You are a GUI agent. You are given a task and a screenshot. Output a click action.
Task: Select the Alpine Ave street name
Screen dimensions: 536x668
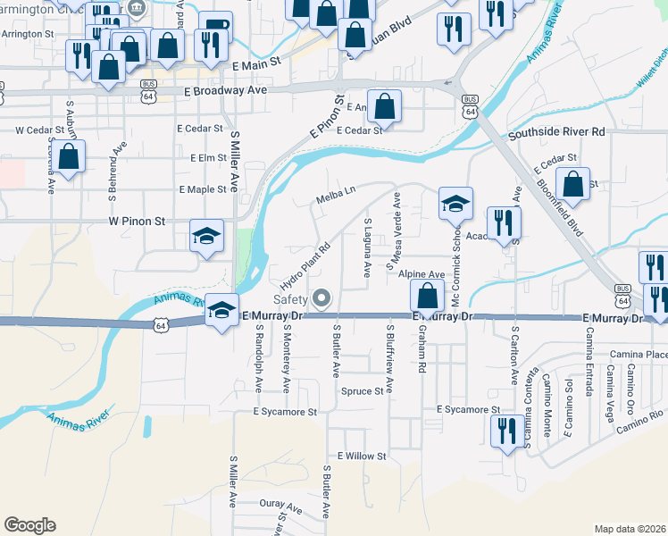point(422,275)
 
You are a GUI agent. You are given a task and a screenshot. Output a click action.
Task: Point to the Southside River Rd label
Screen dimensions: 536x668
point(556,132)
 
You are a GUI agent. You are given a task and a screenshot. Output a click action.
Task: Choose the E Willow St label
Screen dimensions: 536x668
point(355,456)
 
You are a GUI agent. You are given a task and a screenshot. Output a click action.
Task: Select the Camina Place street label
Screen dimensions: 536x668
point(645,355)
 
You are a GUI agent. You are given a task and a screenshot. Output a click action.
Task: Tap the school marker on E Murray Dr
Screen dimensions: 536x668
point(222,310)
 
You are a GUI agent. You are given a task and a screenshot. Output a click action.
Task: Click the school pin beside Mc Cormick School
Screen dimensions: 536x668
point(455,204)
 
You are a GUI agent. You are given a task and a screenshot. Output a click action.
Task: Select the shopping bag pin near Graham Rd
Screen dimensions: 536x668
point(428,296)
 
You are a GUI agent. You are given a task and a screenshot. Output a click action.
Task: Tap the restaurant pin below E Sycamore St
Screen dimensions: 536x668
point(506,430)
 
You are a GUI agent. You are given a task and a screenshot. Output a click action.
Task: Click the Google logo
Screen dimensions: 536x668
point(29,524)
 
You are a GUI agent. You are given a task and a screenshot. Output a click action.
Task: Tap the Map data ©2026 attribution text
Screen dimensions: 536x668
point(630,529)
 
